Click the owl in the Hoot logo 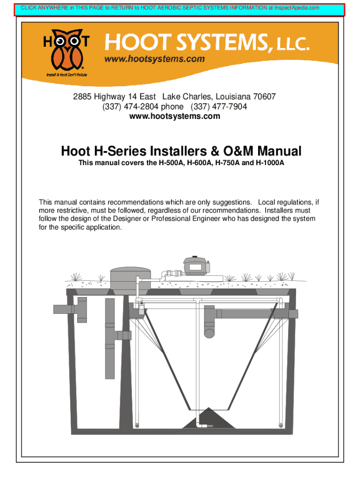click(x=66, y=50)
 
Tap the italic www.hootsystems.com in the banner click(x=154, y=58)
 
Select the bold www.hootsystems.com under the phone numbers click(x=175, y=116)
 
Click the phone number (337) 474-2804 click(x=130, y=107)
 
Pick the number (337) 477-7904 click(x=219, y=107)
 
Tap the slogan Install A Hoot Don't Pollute click(x=67, y=75)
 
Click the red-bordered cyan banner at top click(x=179, y=10)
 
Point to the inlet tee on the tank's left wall click(x=71, y=309)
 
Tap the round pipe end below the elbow click(x=209, y=333)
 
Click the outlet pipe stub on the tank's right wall click(x=293, y=314)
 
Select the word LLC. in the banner click(x=293, y=44)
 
